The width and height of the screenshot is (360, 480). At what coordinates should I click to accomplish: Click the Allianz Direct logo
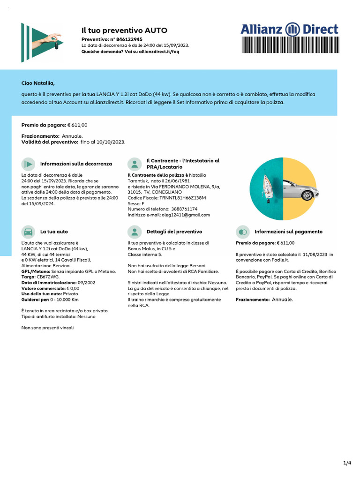(x=289, y=29)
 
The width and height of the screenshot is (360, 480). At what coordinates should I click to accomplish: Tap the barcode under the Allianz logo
(x=289, y=46)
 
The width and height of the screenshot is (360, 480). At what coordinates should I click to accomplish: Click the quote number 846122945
(x=129, y=39)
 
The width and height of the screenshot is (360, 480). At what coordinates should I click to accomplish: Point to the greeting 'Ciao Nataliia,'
(x=38, y=83)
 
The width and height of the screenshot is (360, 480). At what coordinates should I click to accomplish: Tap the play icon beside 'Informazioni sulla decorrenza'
(x=28, y=164)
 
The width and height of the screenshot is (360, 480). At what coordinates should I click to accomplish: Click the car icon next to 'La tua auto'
(x=28, y=232)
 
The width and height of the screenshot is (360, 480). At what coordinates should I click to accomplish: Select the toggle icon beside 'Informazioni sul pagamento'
(x=242, y=232)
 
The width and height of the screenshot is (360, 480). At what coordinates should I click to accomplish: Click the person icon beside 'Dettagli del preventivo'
(x=135, y=232)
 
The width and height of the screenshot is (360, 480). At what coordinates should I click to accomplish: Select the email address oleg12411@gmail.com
(x=185, y=215)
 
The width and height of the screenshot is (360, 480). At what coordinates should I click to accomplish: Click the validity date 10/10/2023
(x=111, y=142)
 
